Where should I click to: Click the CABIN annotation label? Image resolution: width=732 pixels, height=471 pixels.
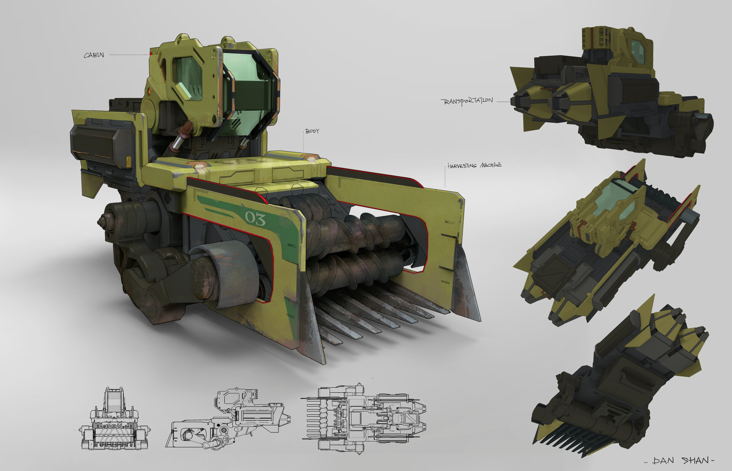pyautogui.click(x=94, y=55)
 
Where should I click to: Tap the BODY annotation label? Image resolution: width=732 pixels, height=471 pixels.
pyautogui.click(x=312, y=131)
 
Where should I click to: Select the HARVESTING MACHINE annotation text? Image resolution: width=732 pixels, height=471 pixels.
pyautogui.click(x=475, y=165)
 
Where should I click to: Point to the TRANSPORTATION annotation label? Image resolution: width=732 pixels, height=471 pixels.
pyautogui.click(x=467, y=102)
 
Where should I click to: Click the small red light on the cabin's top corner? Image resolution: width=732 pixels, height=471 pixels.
pyautogui.click(x=151, y=54)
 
